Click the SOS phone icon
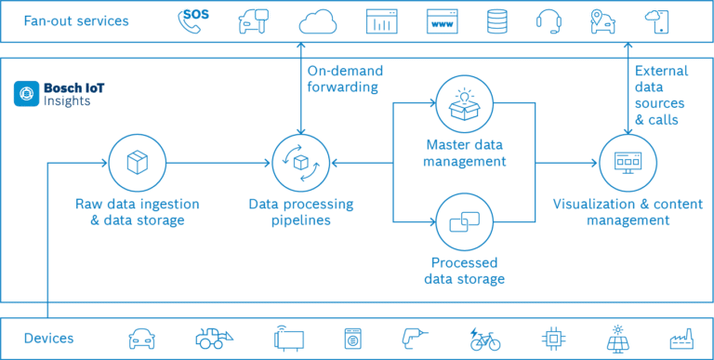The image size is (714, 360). [195, 20]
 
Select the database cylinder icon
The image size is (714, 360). [496, 20]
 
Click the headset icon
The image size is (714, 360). [549, 20]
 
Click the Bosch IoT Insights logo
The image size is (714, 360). [26, 93]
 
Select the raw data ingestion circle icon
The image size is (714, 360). [139, 164]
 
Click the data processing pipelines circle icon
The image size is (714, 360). [301, 164]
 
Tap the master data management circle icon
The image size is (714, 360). [465, 103]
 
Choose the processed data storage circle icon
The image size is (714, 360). [465, 220]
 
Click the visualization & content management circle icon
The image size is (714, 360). [628, 164]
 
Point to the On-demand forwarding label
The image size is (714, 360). [343, 80]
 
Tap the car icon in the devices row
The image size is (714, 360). [142, 339]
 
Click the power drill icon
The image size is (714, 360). [416, 339]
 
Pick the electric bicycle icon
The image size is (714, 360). [484, 339]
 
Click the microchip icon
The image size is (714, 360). [552, 339]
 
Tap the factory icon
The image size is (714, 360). [681, 339]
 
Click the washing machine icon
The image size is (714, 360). [352, 339]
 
